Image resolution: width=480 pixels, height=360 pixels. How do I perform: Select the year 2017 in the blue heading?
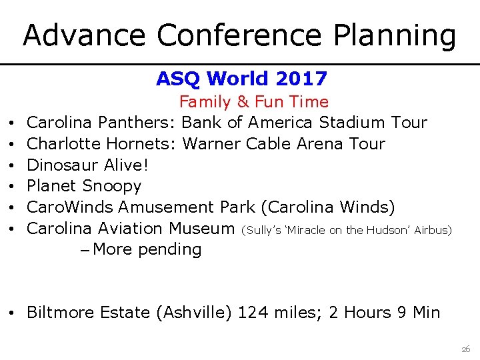click(303, 79)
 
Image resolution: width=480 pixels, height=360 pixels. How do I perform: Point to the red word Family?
click(203, 102)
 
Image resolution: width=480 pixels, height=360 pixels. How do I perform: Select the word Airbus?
click(433, 230)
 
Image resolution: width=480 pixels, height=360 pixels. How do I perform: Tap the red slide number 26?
click(465, 349)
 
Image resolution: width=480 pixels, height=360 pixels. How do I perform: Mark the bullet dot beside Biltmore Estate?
click(14, 313)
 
